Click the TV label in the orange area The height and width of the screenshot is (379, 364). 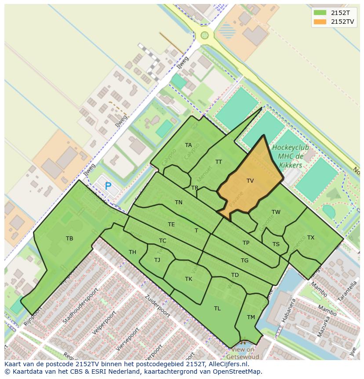[250, 180]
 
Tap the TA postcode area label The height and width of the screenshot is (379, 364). [188, 145]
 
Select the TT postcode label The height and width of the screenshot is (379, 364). [218, 162]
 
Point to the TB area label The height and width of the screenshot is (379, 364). [69, 239]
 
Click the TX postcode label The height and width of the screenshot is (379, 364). [311, 238]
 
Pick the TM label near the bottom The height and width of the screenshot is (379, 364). [251, 317]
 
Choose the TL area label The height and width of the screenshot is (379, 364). [217, 309]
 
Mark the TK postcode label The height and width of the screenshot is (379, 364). [189, 279]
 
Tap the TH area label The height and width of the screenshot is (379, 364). [132, 252]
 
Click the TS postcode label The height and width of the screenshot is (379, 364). [276, 244]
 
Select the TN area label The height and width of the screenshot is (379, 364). [178, 202]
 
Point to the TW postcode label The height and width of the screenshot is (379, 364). [276, 212]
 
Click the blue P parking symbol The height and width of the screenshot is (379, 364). [108, 186]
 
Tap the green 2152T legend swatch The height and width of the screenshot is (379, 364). [320, 12]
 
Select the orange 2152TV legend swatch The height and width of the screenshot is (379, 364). [320, 21]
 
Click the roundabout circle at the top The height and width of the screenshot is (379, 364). [204, 35]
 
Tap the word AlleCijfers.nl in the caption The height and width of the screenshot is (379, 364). [228, 364]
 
